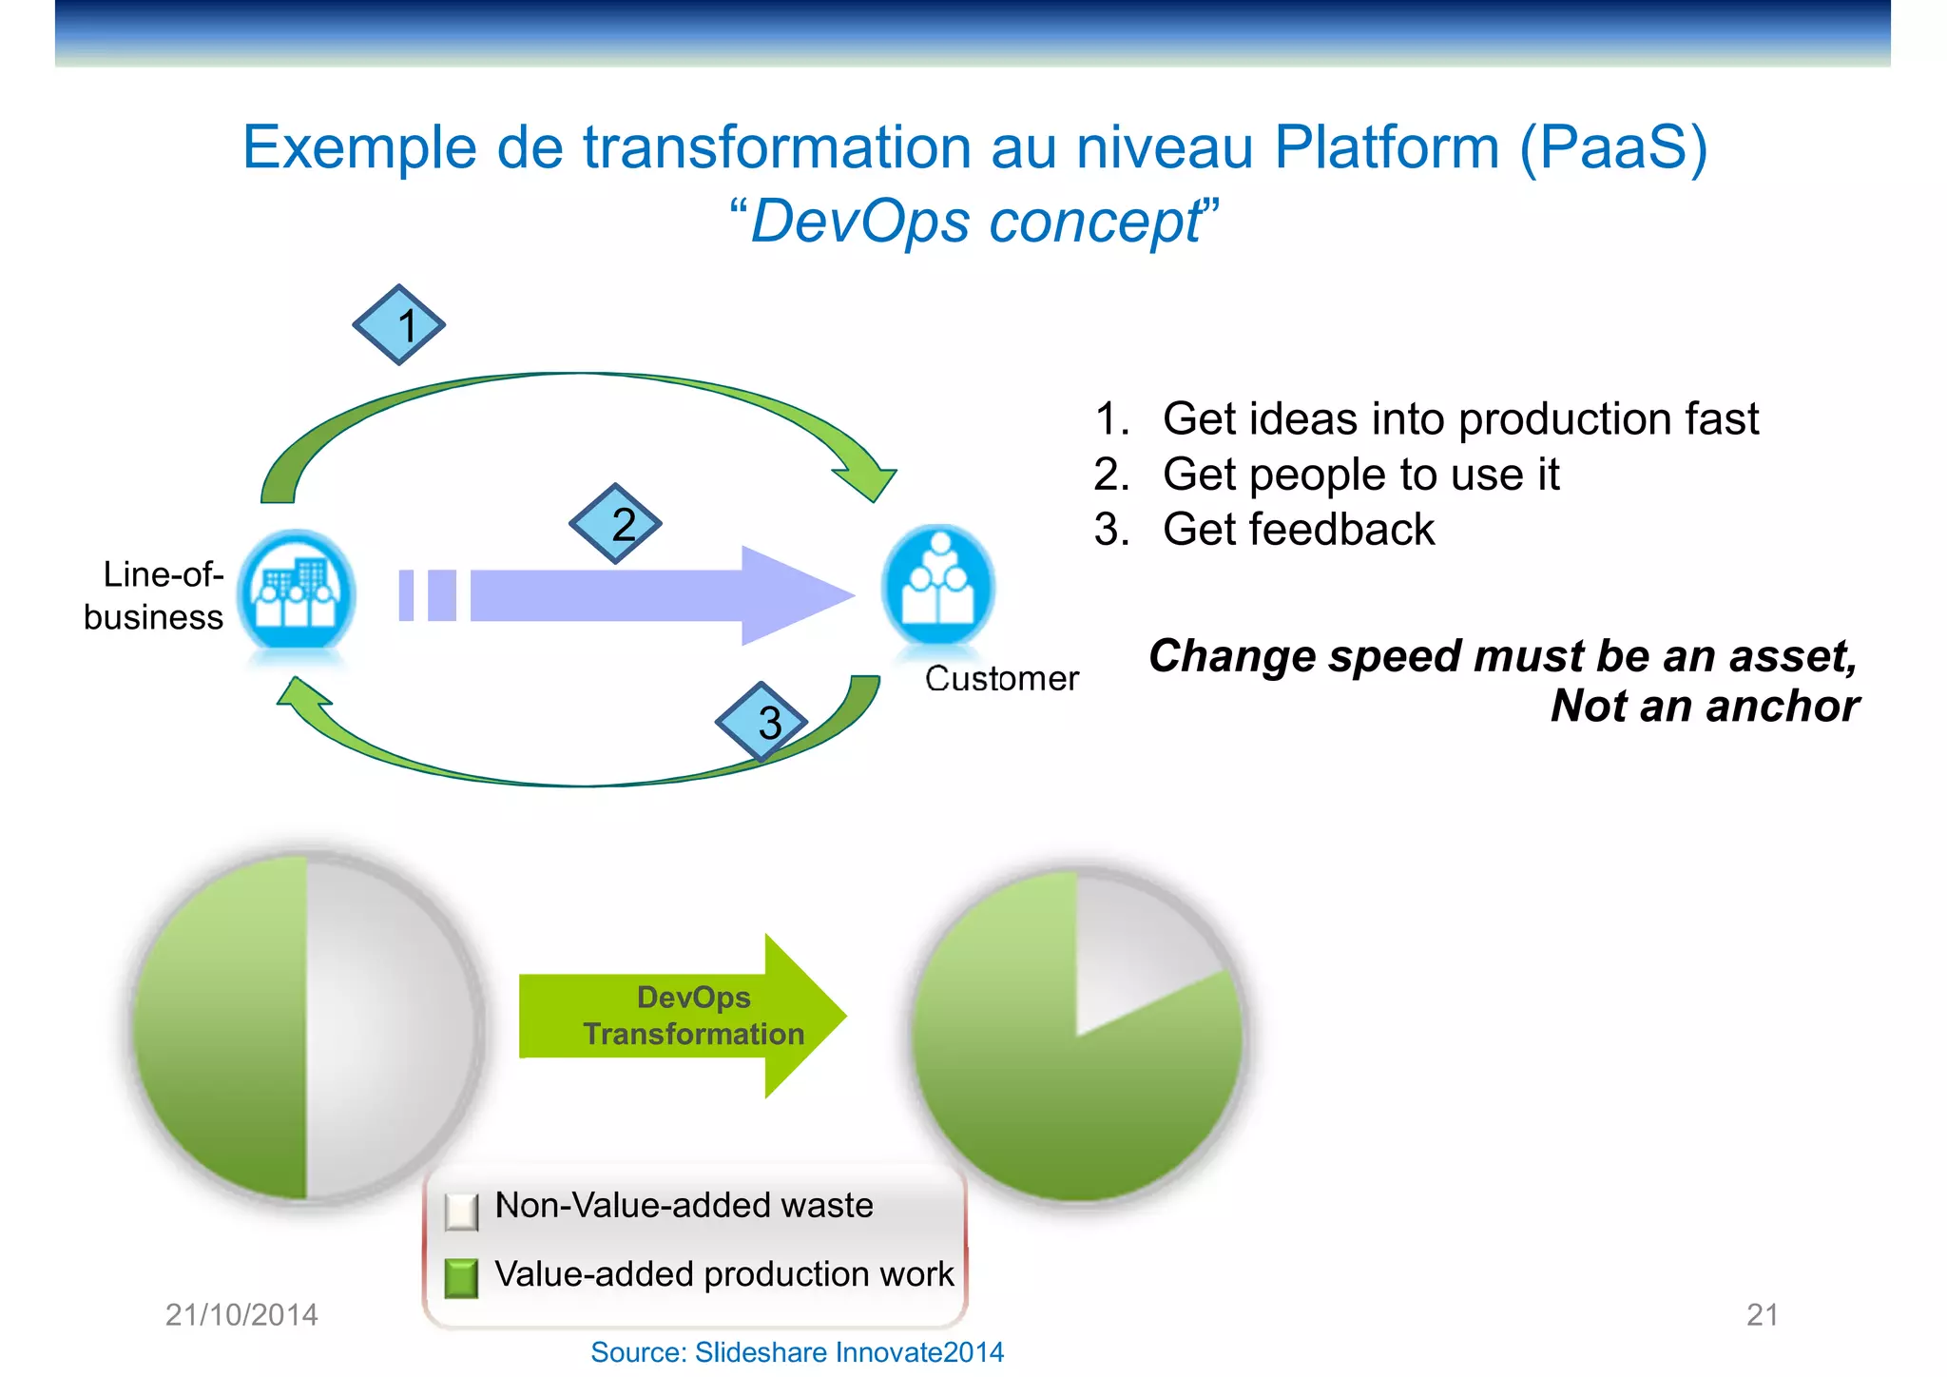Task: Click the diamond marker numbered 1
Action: (x=399, y=325)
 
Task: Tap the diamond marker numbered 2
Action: (x=616, y=524)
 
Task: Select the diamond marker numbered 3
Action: (x=761, y=722)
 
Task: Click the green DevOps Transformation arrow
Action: (x=682, y=1016)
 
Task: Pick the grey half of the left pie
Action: (x=390, y=1027)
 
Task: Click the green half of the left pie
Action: (x=223, y=1027)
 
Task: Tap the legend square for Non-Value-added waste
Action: (x=462, y=1211)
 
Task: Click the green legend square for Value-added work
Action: (x=462, y=1278)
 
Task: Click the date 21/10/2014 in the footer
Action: (x=241, y=1314)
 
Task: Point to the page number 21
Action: (x=1762, y=1314)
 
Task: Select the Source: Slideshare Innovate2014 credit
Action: (x=797, y=1351)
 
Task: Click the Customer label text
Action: (x=1001, y=678)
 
